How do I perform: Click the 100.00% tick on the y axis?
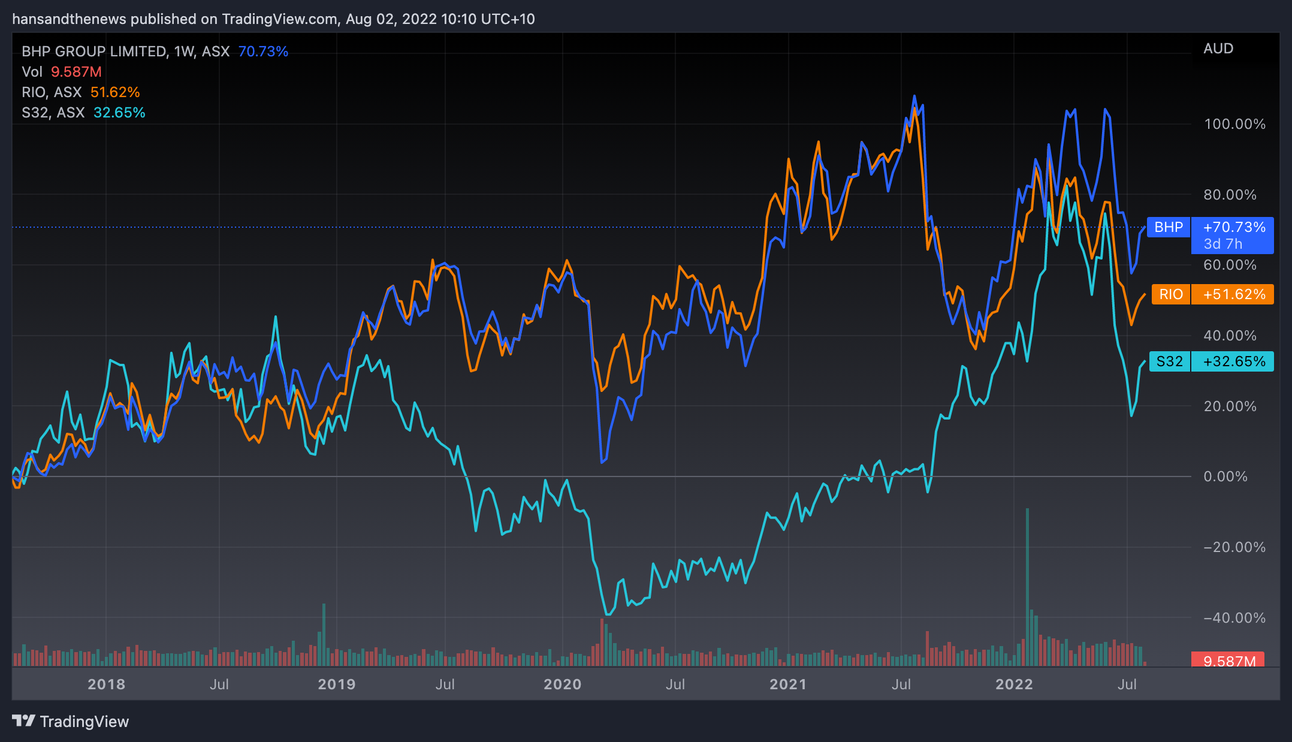(1234, 124)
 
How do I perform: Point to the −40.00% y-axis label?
(1234, 617)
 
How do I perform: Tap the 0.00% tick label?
(1225, 476)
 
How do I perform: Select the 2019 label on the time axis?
(336, 684)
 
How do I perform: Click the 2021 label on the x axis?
(788, 684)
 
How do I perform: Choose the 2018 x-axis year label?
(106, 684)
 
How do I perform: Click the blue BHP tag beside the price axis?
(1168, 227)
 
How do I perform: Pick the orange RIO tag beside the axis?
(1170, 294)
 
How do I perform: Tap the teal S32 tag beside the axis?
(1169, 361)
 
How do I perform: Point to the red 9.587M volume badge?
(1229, 661)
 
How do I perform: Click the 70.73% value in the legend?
(263, 52)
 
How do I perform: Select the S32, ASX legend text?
(53, 113)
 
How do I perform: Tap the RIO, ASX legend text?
(52, 92)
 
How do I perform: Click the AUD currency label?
(1218, 49)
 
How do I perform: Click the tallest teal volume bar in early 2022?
(1027, 587)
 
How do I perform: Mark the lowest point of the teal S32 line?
(608, 614)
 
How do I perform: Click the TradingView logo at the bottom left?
(71, 721)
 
